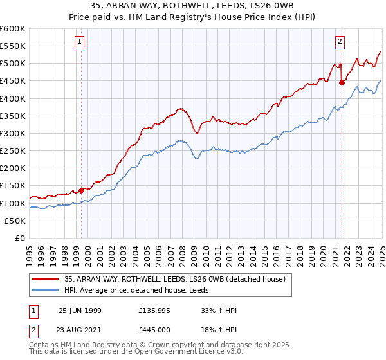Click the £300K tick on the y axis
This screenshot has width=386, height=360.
[x=12, y=133]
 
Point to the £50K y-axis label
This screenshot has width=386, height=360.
[x=15, y=221]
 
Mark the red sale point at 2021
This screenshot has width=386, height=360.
[x=342, y=82]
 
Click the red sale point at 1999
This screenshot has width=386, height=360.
[x=82, y=190]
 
